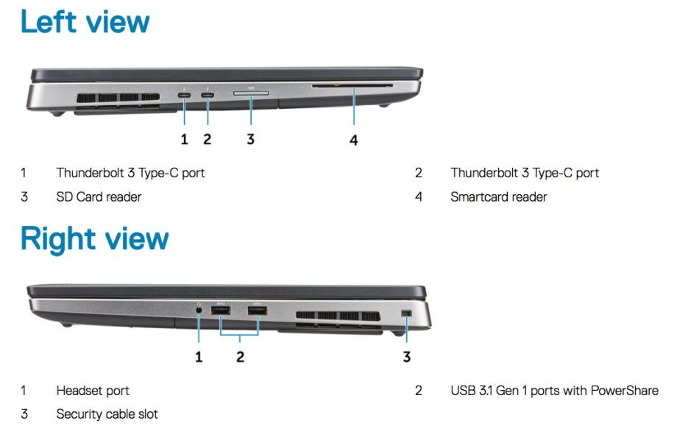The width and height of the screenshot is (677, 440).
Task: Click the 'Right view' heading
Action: click(94, 239)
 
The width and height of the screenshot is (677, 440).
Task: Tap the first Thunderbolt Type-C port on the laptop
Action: click(185, 95)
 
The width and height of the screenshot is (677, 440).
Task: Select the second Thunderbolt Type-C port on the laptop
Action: click(208, 95)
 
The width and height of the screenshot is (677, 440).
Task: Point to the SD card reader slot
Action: click(251, 93)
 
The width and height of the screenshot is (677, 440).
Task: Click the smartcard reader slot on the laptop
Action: click(352, 86)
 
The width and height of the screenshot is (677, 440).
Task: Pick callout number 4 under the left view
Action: click(354, 140)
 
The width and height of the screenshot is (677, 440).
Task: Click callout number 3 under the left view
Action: click(250, 139)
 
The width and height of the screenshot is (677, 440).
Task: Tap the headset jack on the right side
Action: click(199, 310)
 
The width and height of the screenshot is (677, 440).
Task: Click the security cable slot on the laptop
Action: click(406, 313)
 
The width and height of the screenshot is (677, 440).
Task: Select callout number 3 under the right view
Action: click(406, 357)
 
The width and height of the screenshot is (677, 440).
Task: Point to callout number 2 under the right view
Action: click(240, 357)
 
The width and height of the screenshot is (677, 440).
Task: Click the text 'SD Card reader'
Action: click(99, 197)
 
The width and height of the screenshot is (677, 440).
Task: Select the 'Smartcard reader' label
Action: click(499, 197)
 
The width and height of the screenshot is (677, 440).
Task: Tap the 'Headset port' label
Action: click(93, 391)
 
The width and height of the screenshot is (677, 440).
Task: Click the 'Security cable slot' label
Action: click(107, 414)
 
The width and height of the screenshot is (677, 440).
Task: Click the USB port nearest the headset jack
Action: click(221, 311)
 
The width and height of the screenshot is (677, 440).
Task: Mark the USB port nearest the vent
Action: click(258, 311)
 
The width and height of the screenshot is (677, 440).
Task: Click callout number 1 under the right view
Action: click(199, 357)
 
